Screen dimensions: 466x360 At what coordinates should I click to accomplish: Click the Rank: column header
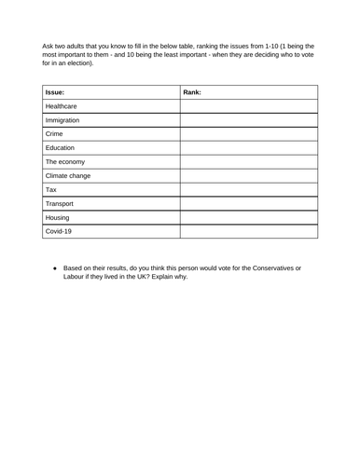click(192, 93)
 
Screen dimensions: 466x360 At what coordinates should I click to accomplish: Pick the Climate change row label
click(68, 176)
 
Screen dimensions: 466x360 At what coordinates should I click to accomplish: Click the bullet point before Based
click(55, 267)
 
